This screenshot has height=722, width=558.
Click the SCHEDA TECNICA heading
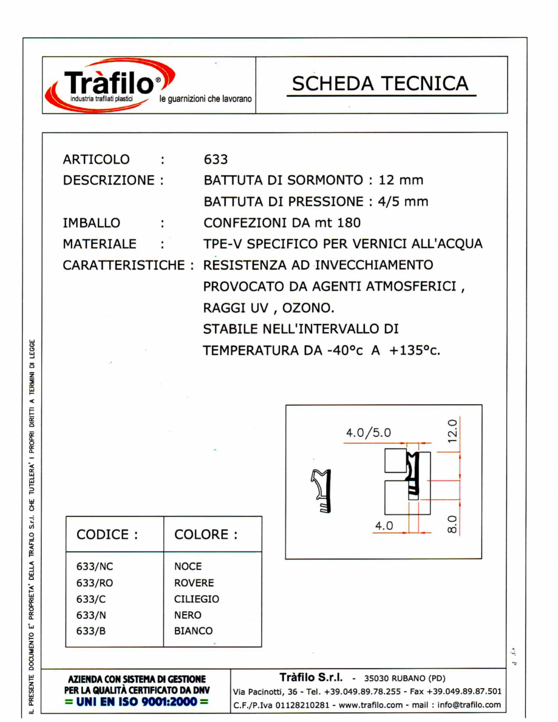381,84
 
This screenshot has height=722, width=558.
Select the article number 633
216,160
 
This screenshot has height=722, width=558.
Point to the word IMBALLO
91,223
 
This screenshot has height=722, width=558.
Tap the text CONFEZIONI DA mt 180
283,223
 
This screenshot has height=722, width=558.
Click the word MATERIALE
100,244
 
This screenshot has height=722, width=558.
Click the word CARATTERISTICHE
124,266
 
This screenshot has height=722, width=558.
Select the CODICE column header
107,535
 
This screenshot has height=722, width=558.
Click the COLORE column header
205,535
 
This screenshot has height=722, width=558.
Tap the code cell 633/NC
95,567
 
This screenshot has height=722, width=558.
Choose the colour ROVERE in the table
194,583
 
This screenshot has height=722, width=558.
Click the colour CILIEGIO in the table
197,599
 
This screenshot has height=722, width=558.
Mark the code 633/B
91,631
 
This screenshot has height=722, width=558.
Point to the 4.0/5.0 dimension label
369,433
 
